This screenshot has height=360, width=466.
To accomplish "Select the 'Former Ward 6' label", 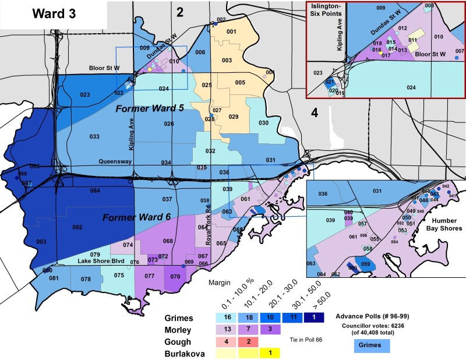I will pos(135,218).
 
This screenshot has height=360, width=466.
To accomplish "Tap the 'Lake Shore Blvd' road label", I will pos(103,262).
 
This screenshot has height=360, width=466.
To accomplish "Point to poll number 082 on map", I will pos(77,227).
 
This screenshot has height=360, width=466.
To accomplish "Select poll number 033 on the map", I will pos(94,136).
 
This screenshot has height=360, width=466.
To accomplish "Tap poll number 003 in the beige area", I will pos(227,61).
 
